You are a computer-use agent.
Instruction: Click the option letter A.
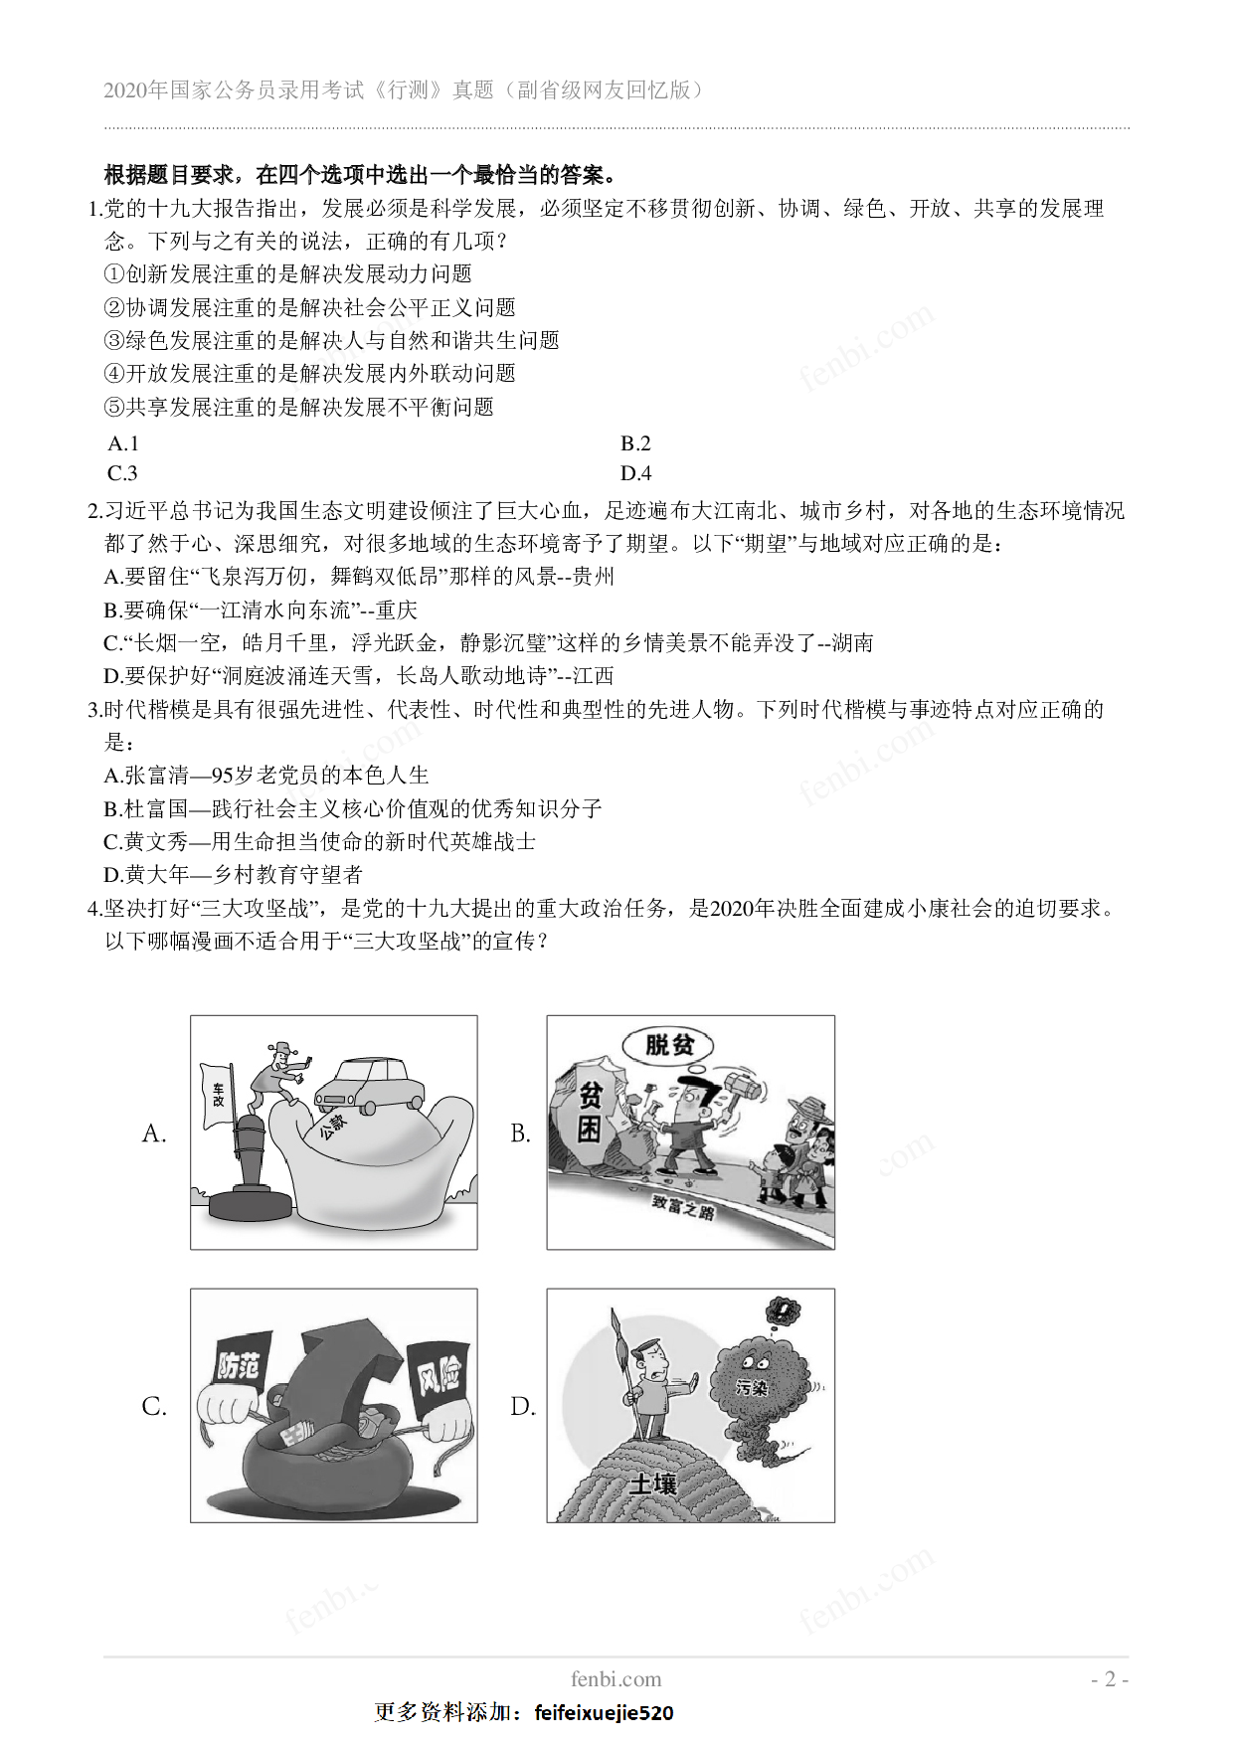coord(153,1134)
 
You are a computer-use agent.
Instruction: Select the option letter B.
coord(520,1134)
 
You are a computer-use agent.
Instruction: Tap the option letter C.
coord(153,1406)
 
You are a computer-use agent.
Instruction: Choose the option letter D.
coord(522,1406)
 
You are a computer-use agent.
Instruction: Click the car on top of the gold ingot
coord(369,1085)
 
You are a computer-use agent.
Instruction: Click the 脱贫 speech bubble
coord(666,1045)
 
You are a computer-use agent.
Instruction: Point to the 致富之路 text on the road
coord(683,1207)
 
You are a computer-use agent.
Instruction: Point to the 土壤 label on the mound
coord(653,1484)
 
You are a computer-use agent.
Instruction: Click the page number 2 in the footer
coord(1110,1679)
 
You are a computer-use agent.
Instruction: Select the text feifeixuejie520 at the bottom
coord(604,1713)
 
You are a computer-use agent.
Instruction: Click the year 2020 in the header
coord(124,90)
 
